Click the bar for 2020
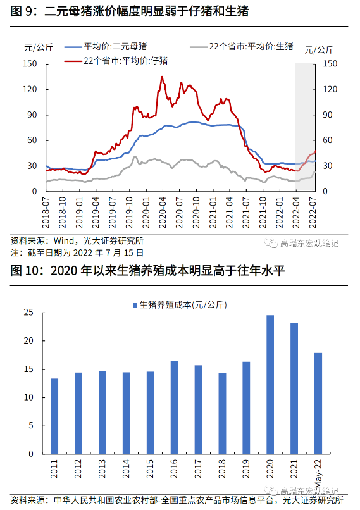click(270, 385)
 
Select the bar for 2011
click(54, 416)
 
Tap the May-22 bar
click(318, 404)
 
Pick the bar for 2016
click(175, 407)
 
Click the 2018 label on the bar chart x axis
click(222, 469)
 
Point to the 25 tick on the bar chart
click(28, 313)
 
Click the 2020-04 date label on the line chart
click(163, 213)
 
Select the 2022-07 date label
click(313, 213)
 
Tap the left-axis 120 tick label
click(30, 89)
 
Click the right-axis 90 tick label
click(328, 115)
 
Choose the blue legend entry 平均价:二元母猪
click(106, 47)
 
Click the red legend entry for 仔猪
click(116, 61)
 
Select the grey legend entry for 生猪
click(242, 47)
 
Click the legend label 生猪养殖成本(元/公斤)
click(180, 305)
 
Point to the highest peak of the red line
click(162, 77)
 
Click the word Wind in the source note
click(64, 241)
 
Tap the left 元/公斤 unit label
click(39, 47)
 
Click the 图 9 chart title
click(130, 11)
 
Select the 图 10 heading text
click(147, 271)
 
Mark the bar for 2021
click(294, 389)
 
